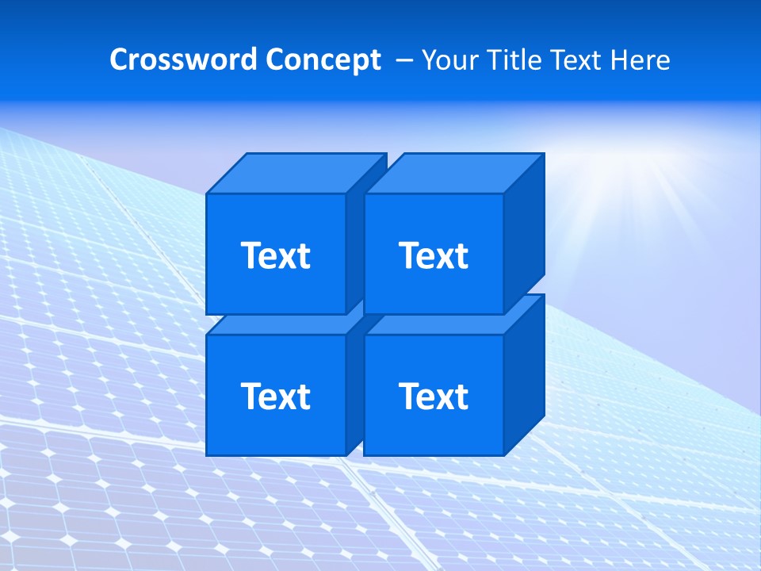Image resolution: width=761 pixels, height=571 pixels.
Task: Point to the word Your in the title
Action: click(x=448, y=60)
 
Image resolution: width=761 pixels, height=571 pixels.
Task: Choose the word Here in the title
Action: click(x=643, y=60)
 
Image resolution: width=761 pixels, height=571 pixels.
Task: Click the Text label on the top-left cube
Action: click(x=276, y=255)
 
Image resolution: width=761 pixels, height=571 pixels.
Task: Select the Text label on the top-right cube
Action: click(x=434, y=255)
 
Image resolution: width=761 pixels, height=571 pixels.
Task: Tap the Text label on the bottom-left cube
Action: click(x=276, y=396)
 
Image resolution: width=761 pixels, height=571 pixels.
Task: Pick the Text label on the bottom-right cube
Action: click(x=434, y=396)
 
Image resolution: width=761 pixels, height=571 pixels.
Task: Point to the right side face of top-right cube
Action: click(x=524, y=234)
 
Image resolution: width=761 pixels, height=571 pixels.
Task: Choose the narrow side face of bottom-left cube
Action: click(x=354, y=389)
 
